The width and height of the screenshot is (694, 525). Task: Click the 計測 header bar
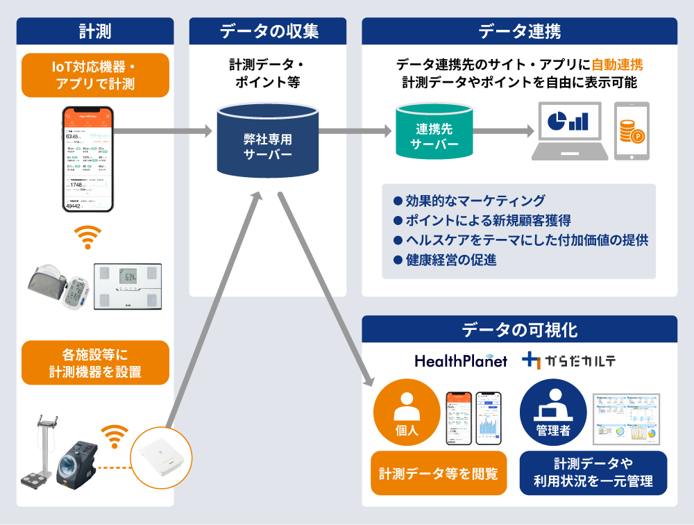[x=95, y=31]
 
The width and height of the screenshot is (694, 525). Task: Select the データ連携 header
[x=520, y=31]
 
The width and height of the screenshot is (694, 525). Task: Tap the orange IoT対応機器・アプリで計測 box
[x=95, y=75]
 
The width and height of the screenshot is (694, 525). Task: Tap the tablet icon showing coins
[x=632, y=131]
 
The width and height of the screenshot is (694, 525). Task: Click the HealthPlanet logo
[x=461, y=361]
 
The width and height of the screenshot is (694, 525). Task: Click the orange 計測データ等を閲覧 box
[x=438, y=474]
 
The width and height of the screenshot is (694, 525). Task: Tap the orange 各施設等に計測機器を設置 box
[x=95, y=362]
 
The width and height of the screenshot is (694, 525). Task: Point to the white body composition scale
[x=128, y=286]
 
